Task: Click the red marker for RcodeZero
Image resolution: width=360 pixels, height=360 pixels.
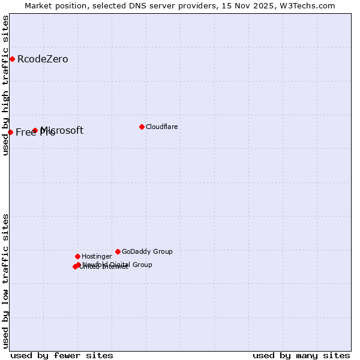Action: click(x=12, y=59)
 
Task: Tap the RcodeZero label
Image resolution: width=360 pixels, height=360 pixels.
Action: click(x=43, y=59)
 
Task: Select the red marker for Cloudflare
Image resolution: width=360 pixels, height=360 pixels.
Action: click(x=142, y=127)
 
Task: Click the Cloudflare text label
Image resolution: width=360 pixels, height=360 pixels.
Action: click(x=162, y=127)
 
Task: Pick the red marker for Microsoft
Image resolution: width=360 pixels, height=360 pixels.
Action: click(x=35, y=130)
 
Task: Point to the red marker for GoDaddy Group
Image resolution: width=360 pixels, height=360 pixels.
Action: click(x=118, y=251)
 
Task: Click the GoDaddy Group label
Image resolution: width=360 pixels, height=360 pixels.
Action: click(x=147, y=252)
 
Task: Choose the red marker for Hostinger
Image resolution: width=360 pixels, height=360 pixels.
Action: click(x=77, y=256)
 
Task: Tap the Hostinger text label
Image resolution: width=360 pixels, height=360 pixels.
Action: click(x=97, y=257)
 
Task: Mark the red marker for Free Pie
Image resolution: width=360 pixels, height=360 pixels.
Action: click(x=10, y=132)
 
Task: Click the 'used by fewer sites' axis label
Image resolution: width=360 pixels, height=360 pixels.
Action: click(x=62, y=356)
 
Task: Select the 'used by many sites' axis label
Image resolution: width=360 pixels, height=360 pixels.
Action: click(x=301, y=356)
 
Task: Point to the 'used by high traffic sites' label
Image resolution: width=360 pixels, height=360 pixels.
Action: click(x=5, y=86)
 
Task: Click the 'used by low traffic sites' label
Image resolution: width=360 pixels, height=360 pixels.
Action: click(x=5, y=281)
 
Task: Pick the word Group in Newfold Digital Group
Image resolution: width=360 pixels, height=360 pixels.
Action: click(x=142, y=265)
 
